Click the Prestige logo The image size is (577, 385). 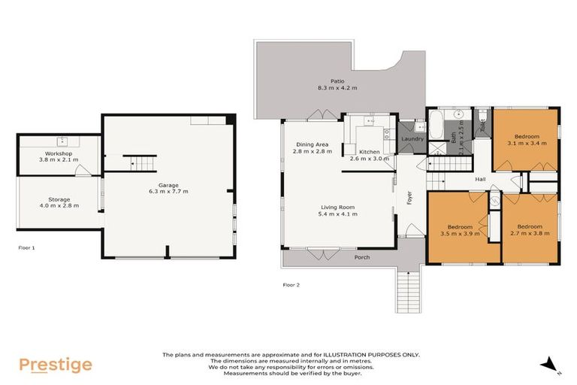55,365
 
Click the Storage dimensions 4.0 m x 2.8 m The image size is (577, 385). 59,206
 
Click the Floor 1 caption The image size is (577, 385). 26,247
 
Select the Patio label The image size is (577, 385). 337,81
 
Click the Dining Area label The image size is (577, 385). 311,144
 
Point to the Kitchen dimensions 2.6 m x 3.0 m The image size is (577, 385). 370,159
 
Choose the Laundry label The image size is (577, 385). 412,139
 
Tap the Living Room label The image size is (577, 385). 337,207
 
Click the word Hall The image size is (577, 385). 481,179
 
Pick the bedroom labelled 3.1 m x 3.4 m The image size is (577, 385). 525,140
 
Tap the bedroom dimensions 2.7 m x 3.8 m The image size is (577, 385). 530,233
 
